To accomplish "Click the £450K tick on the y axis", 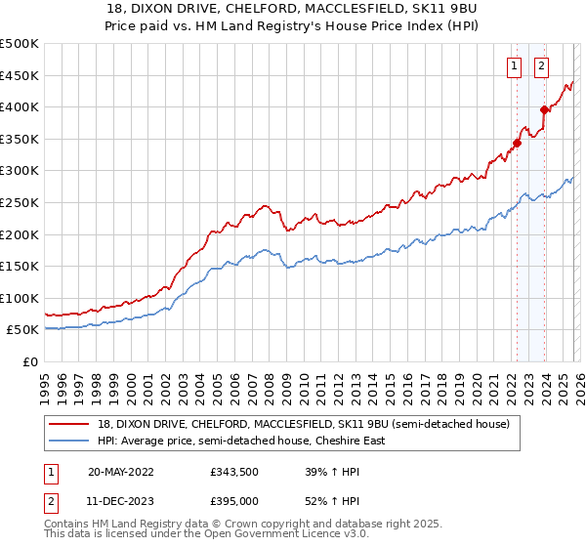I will click(20, 75).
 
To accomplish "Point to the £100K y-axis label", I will click(20, 298).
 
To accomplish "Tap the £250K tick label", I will click(20, 202).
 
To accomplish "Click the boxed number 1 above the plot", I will click(515, 66).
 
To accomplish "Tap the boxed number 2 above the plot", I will click(541, 66).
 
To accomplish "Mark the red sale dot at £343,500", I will click(517, 143).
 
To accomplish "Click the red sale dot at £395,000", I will click(544, 109).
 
